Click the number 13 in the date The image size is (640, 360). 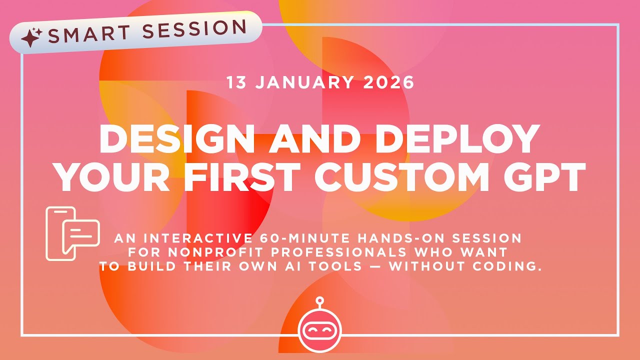click(237, 82)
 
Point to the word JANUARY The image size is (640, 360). click(306, 82)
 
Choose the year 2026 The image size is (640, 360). click(389, 82)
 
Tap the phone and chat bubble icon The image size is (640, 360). click(71, 233)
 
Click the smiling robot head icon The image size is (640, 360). click(319, 330)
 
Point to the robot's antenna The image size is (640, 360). click(319, 301)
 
